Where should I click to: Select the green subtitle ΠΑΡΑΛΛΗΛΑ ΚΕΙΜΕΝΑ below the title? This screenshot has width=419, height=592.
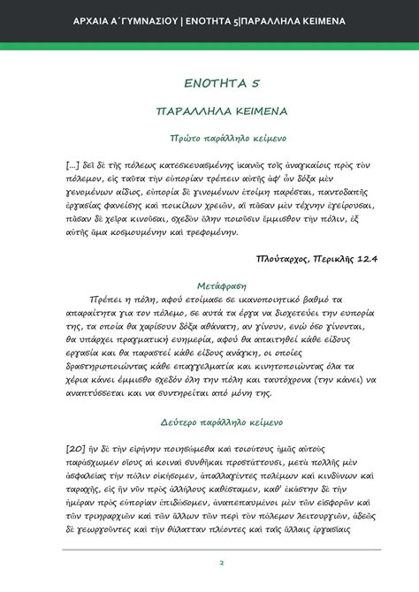point(209,113)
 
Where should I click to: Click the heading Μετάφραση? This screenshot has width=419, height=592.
point(209,285)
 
